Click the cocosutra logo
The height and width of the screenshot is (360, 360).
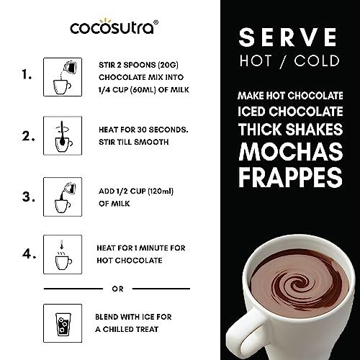click(114, 27)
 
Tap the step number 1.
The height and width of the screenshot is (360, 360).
click(27, 75)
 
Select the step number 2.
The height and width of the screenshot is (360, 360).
click(28, 136)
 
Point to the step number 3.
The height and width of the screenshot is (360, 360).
click(28, 197)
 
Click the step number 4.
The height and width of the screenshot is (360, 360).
click(29, 253)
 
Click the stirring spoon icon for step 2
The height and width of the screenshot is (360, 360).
click(63, 136)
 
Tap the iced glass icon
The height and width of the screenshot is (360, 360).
click(63, 324)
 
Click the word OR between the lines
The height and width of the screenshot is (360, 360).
click(117, 289)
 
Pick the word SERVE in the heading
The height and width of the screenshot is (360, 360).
click(288, 37)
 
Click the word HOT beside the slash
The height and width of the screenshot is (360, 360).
click(256, 60)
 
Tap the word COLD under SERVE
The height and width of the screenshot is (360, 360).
click(317, 60)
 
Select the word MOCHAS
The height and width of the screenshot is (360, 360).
click(291, 152)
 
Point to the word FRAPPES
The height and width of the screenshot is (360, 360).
click(290, 177)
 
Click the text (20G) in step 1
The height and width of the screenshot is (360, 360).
click(168, 65)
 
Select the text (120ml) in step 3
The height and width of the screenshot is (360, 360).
click(161, 192)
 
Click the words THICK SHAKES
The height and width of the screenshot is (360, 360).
click(290, 129)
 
